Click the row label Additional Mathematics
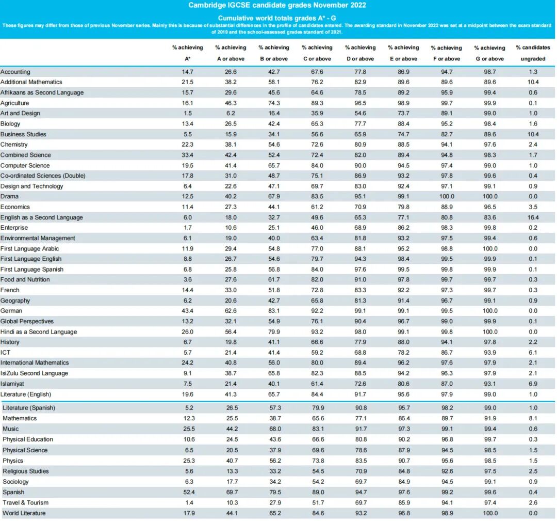pos(31,82)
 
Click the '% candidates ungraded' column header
pos(533,53)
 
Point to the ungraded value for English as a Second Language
pos(533,217)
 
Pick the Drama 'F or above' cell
pos(447,196)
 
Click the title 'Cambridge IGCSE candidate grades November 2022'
pos(277,5)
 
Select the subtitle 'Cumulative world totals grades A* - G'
pos(277,18)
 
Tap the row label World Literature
pos(24,513)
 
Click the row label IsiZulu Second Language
pos(34,373)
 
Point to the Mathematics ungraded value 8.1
pos(533,418)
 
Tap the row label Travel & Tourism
pos(25,502)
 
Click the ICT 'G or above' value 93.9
pos(489,352)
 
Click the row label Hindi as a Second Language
pos(39,331)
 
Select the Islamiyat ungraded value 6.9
pos(533,384)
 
